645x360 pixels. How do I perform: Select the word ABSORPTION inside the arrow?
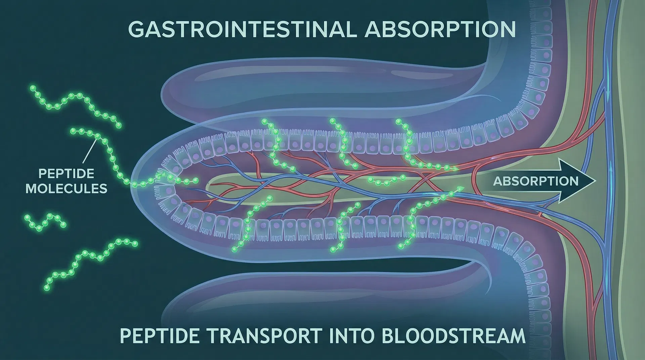536,181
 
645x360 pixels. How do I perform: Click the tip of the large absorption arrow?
596,181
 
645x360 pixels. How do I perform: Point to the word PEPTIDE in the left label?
67,174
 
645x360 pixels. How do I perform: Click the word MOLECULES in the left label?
67,188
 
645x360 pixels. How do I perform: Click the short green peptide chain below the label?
44,222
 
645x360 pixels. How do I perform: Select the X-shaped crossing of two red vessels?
426,178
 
